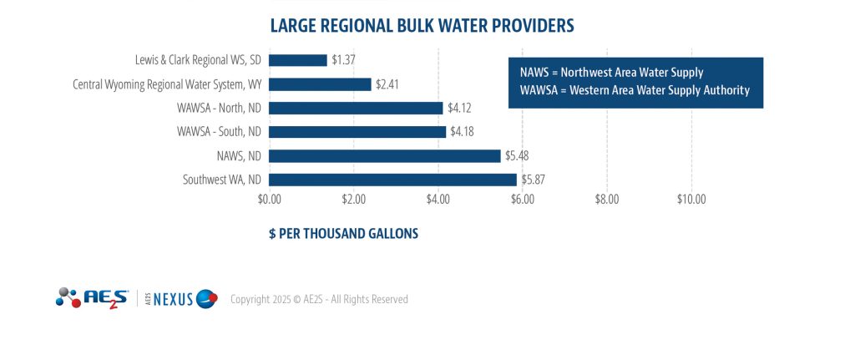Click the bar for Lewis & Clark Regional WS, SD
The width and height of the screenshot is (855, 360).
[x=298, y=60]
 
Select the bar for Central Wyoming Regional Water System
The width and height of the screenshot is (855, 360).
[x=320, y=84]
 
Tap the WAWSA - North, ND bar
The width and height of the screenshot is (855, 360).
[x=356, y=108]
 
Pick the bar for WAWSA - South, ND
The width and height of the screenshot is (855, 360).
[x=357, y=132]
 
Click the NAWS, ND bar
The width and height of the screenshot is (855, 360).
[x=385, y=155]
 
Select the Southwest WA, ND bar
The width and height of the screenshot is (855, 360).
[x=393, y=180]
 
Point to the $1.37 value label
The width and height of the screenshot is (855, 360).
[x=344, y=60]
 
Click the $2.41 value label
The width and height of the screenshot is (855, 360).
[x=388, y=84]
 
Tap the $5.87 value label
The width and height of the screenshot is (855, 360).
[x=534, y=180]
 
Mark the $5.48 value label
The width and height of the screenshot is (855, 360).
[x=517, y=155]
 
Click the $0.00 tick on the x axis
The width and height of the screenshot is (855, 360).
[x=270, y=200]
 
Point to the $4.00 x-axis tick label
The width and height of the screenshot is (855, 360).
[x=438, y=200]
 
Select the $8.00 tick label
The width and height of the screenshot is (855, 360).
[x=606, y=200]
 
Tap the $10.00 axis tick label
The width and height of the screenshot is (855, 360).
[x=691, y=200]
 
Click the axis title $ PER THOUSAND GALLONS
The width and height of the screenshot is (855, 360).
[x=343, y=234]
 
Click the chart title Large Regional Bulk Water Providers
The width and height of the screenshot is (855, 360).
[x=422, y=26]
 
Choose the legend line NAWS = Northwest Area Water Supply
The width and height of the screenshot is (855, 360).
[x=611, y=73]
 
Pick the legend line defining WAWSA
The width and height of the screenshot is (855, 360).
[x=635, y=90]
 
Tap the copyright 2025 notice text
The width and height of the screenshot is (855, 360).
[x=319, y=299]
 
